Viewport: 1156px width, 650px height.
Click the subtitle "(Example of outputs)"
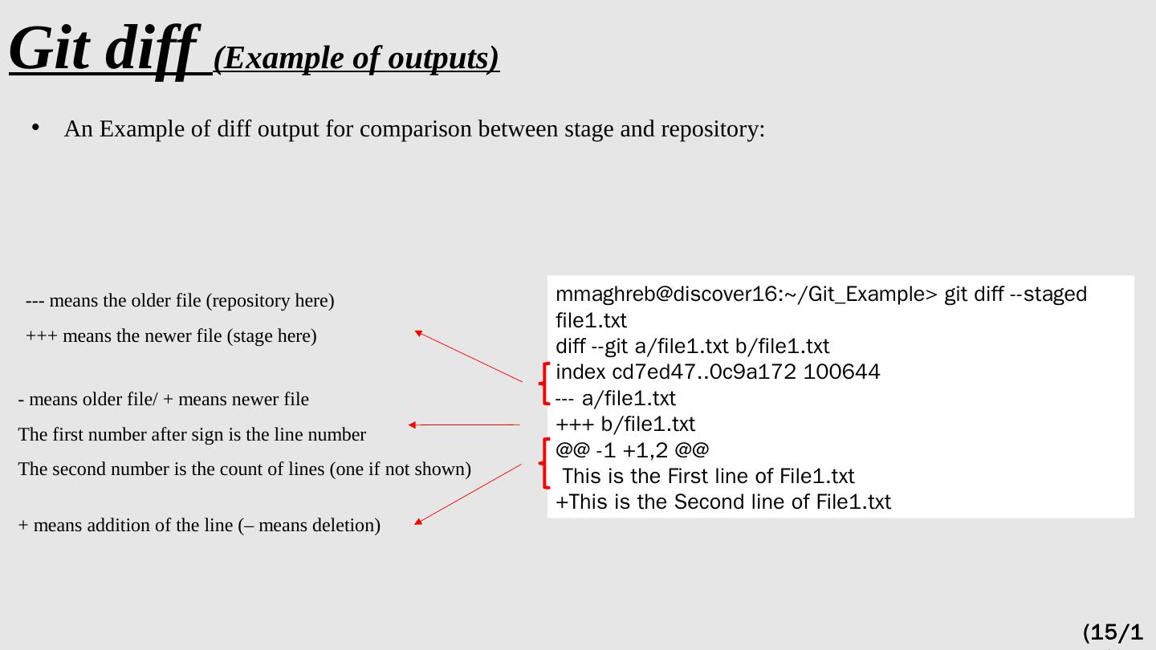(356, 59)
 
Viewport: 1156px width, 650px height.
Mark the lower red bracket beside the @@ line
(546, 463)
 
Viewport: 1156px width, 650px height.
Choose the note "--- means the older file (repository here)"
(180, 301)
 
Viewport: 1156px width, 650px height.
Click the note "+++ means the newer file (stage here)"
(172, 336)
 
